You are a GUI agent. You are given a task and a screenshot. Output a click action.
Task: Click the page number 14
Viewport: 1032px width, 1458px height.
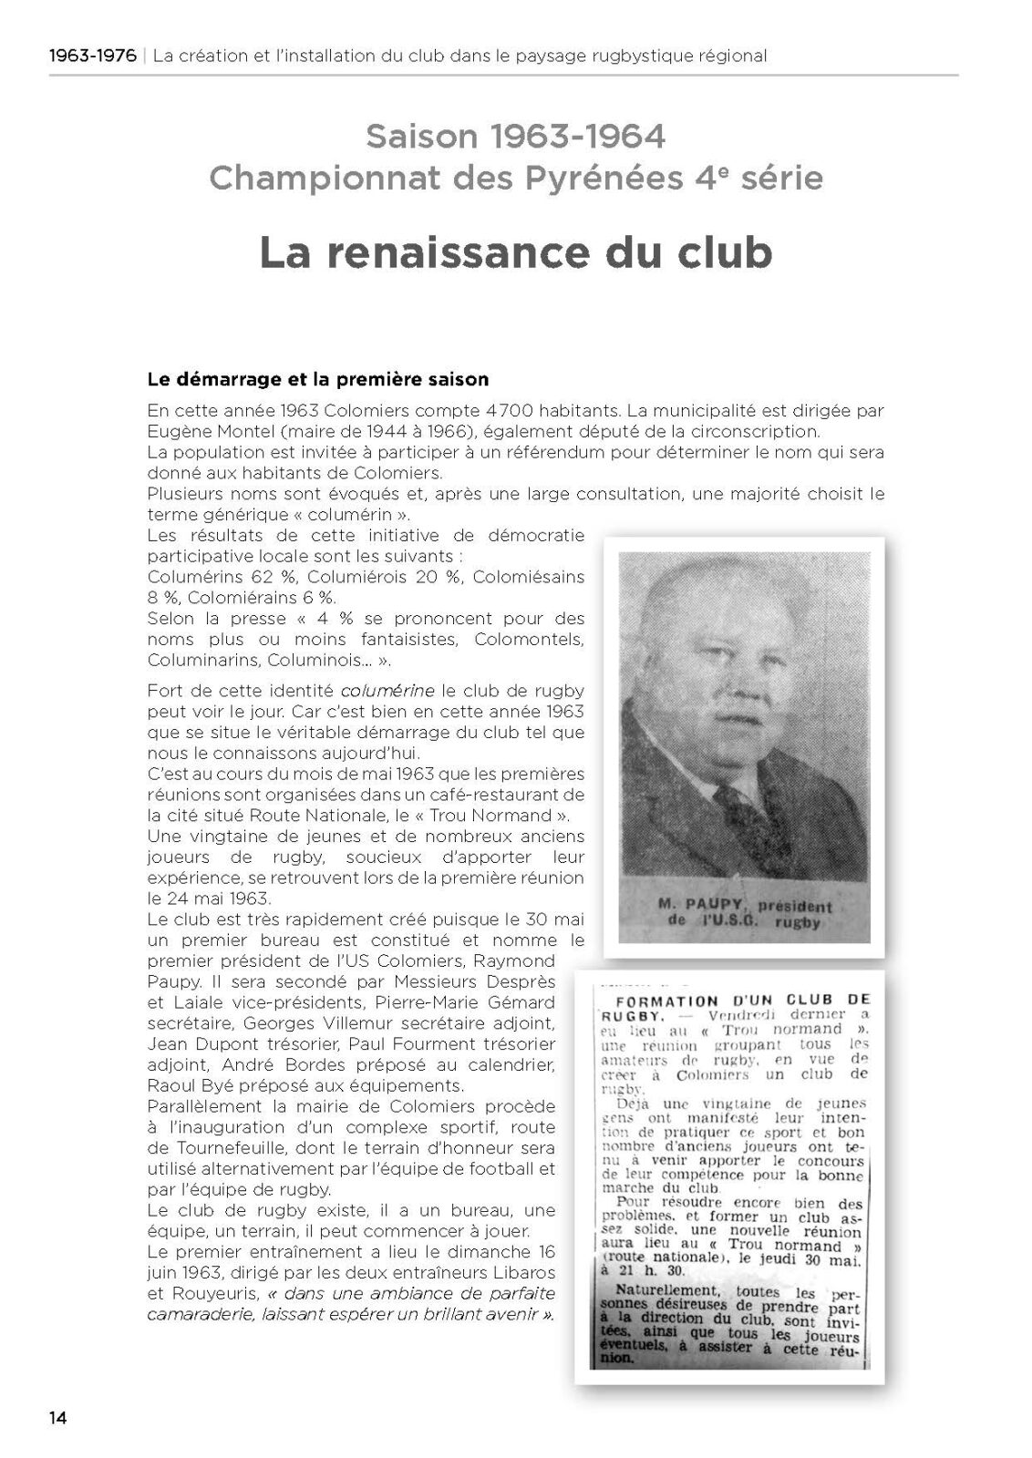point(58,1417)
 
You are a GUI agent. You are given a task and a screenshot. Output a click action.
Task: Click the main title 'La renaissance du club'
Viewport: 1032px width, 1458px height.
point(516,252)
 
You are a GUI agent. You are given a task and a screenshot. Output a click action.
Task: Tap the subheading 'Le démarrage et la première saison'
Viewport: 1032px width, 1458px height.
point(318,378)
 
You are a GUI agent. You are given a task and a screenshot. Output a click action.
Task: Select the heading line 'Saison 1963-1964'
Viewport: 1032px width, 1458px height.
point(515,137)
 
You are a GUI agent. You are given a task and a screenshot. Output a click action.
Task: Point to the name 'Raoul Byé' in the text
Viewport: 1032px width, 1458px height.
point(183,1085)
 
